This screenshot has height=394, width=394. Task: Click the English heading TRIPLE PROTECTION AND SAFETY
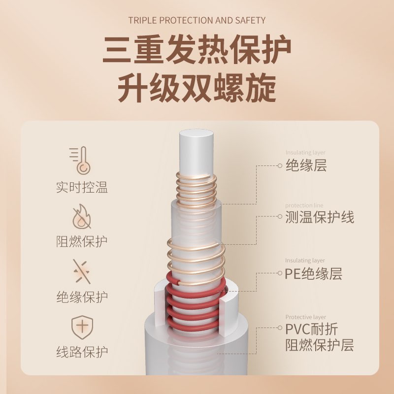tap(197, 20)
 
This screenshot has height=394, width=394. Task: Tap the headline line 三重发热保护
tap(197, 51)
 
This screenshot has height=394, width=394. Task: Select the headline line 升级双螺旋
tap(197, 89)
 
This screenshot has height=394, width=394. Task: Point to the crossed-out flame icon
tap(82, 216)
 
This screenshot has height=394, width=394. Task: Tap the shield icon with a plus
tap(82, 327)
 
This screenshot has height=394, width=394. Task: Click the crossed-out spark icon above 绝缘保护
tap(82, 271)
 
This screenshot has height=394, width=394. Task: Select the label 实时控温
tap(82, 188)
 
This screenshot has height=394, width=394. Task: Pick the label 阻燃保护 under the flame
tap(82, 242)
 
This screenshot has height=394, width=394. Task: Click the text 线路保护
tap(82, 353)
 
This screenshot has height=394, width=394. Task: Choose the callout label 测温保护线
tap(320, 217)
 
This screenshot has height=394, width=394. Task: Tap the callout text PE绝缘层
tap(313, 273)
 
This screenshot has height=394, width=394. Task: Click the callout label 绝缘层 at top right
tap(306, 165)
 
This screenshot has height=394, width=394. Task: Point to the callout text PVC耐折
tap(312, 329)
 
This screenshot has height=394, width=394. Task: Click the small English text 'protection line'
tap(304, 205)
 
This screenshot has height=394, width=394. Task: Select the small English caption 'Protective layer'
tap(305, 317)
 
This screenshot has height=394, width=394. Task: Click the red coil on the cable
tap(195, 300)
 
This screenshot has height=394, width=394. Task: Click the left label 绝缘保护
tap(82, 297)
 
